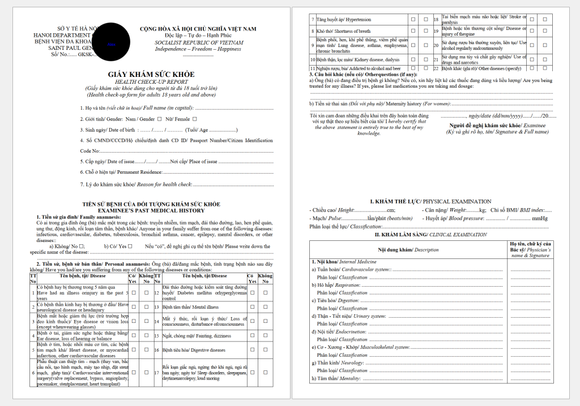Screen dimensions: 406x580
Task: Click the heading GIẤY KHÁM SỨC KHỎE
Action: pyautogui.click(x=151, y=75)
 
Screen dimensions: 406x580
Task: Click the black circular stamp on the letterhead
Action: pyautogui.click(x=111, y=42)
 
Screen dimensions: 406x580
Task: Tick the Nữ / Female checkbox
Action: pyautogui.click(x=194, y=119)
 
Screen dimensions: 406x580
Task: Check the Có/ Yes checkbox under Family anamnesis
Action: pyautogui.click(x=130, y=246)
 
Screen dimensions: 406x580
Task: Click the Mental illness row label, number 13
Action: pyautogui.click(x=190, y=307)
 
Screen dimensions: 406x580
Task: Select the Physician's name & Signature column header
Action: pyautogui.click(x=530, y=249)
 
